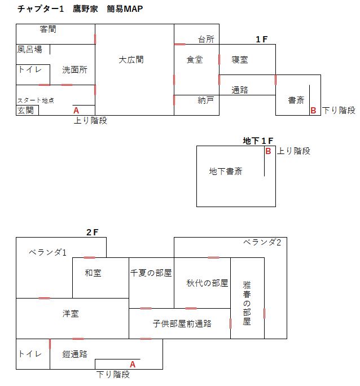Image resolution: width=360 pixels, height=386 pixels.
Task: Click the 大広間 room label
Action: pyautogui.click(x=131, y=60)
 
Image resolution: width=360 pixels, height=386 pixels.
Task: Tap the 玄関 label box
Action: pyautogui.click(x=27, y=110)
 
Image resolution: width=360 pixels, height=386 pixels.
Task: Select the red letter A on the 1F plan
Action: pyautogui.click(x=76, y=110)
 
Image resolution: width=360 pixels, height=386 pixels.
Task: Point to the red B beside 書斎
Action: pyautogui.click(x=313, y=110)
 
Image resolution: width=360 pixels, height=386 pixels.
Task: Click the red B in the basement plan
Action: pyautogui.click(x=268, y=151)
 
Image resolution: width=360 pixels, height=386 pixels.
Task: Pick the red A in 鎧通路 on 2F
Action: pyautogui.click(x=133, y=364)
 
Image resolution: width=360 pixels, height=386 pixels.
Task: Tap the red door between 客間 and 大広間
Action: pyautogui.click(x=95, y=39)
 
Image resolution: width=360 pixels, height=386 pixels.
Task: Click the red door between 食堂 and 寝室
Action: pyautogui.click(x=219, y=60)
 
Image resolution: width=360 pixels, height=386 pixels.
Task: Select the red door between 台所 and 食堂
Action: pyautogui.click(x=179, y=45)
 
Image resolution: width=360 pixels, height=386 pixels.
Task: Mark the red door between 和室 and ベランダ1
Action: pyautogui.click(x=89, y=257)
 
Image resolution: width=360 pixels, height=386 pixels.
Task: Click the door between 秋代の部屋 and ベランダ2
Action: pyautogui.click(x=214, y=257)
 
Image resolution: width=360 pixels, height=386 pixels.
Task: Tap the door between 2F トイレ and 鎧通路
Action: pyautogui.click(x=50, y=344)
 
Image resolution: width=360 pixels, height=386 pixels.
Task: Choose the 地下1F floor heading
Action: pyautogui.click(x=258, y=141)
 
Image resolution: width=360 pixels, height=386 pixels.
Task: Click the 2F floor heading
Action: pyautogui.click(x=93, y=232)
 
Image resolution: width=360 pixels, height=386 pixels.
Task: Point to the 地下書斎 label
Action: pyautogui.click(x=226, y=172)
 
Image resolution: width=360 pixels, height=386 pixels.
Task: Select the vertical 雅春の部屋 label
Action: pyautogui.click(x=247, y=303)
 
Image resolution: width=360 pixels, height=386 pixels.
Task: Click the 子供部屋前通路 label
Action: pyautogui.click(x=182, y=323)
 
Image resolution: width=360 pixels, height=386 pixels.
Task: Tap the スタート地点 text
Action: pyautogui.click(x=36, y=100)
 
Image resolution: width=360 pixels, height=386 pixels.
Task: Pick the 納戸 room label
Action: pyautogui.click(x=206, y=100)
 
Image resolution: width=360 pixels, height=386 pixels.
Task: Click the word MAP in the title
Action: pyautogui.click(x=133, y=9)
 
